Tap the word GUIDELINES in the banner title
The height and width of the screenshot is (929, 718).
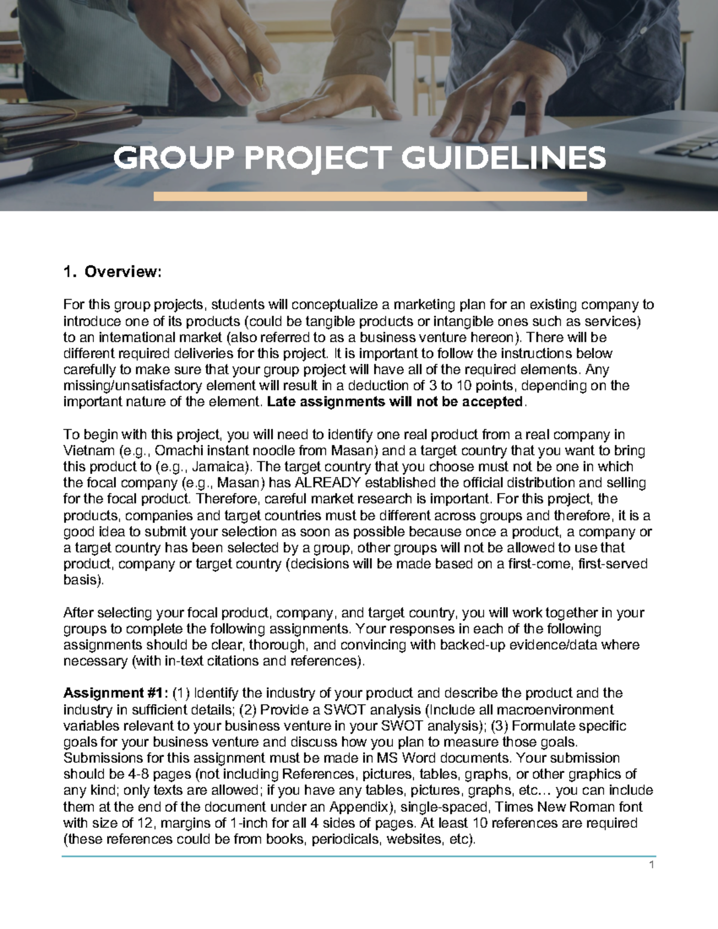pyautogui.click(x=503, y=159)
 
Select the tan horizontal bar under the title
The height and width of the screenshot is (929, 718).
pyautogui.click(x=370, y=196)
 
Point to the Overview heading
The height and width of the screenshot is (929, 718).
pyautogui.click(x=123, y=272)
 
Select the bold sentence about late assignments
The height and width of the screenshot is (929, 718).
pyautogui.click(x=395, y=402)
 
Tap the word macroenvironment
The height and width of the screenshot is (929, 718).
pyautogui.click(x=554, y=710)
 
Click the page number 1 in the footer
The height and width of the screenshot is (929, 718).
pyautogui.click(x=652, y=865)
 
